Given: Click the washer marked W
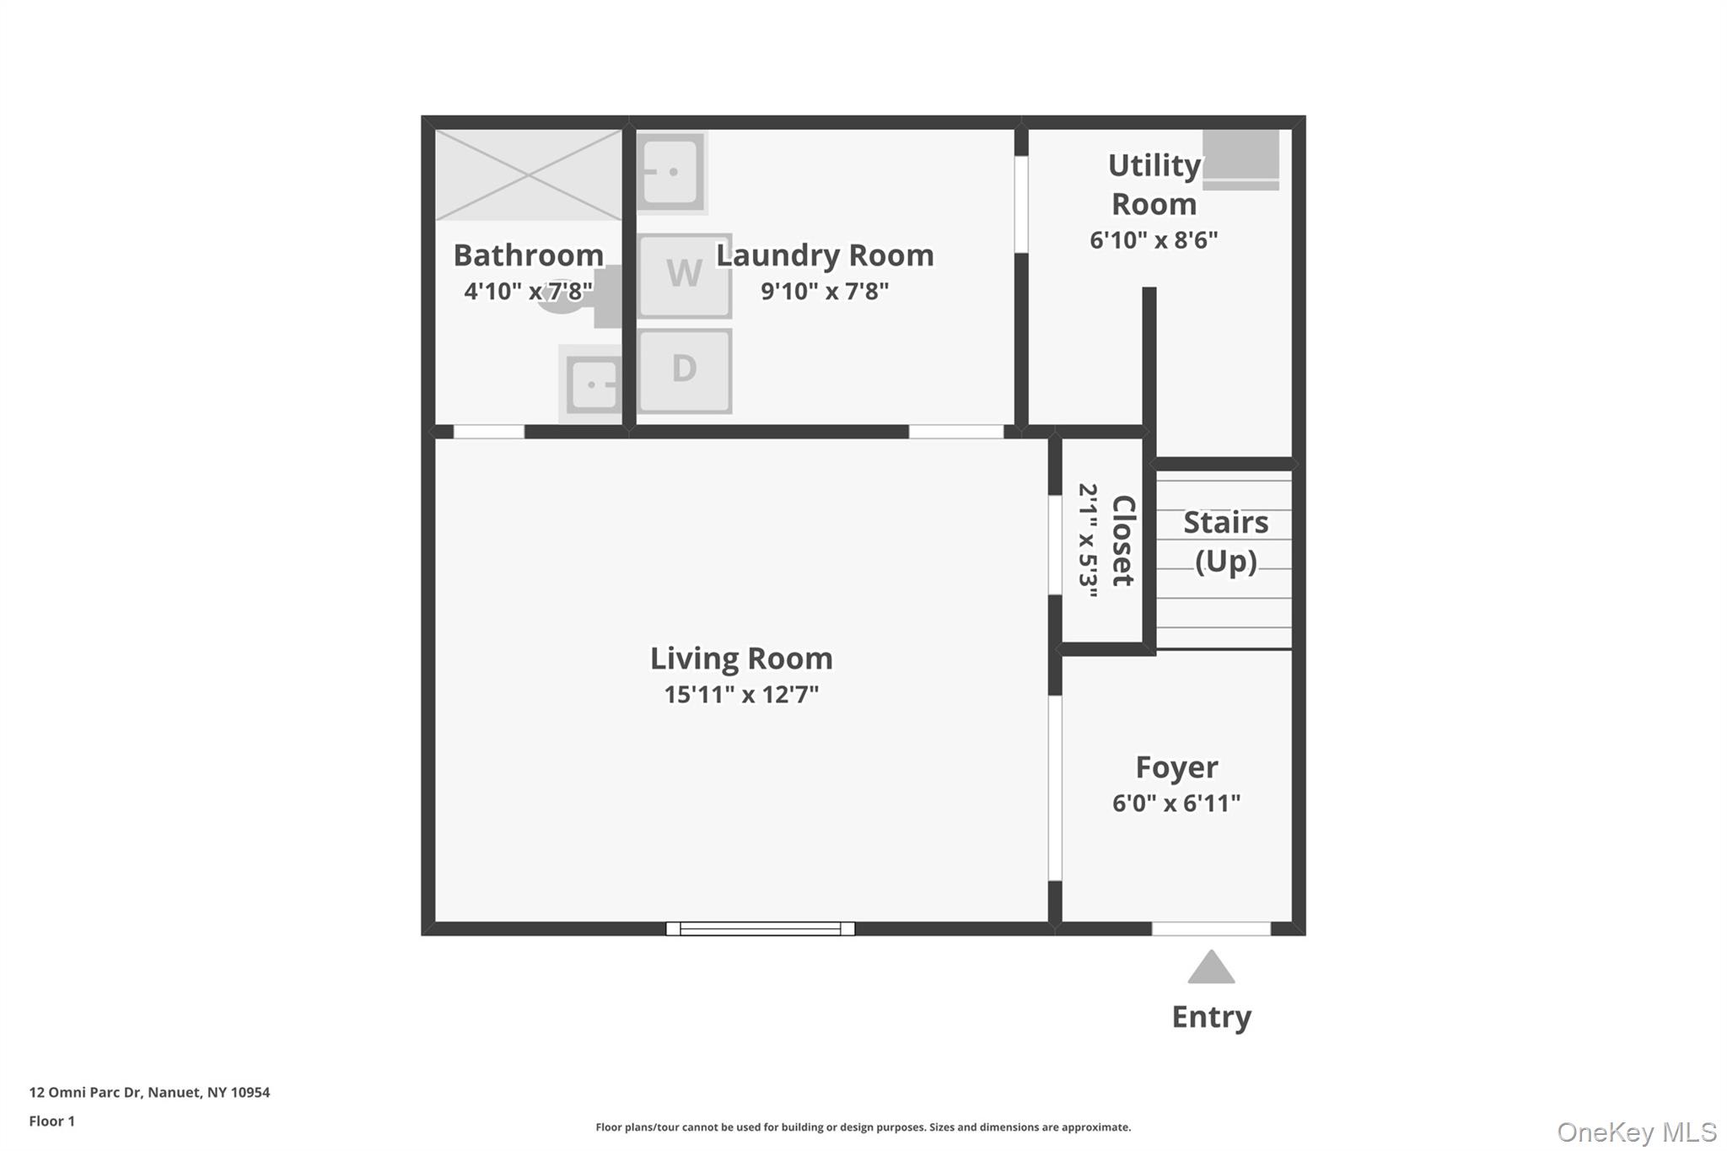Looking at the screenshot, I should [684, 276].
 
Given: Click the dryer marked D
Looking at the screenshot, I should [684, 370].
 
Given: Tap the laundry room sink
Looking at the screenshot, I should [670, 172].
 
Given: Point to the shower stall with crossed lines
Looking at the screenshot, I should [528, 175].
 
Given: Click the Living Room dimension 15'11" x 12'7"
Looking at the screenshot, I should [741, 695].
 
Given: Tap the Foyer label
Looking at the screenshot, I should [1176, 767].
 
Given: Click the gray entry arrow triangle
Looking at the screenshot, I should [1211, 969].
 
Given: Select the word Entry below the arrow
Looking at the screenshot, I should [1211, 1017].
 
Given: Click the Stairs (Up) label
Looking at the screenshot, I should [1225, 541].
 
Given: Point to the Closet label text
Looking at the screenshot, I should [1123, 541].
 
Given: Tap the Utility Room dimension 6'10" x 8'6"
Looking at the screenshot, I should [1154, 240].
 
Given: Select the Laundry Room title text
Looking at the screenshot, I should [825, 255].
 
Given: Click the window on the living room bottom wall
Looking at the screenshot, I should [760, 928].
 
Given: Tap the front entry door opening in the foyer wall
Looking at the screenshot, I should [1211, 928].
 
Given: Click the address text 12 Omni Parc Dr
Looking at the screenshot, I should [149, 1092].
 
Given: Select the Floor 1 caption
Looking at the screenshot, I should [51, 1121].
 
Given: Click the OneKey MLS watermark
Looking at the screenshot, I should [1636, 1132].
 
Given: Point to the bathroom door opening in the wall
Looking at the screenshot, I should [488, 432].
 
